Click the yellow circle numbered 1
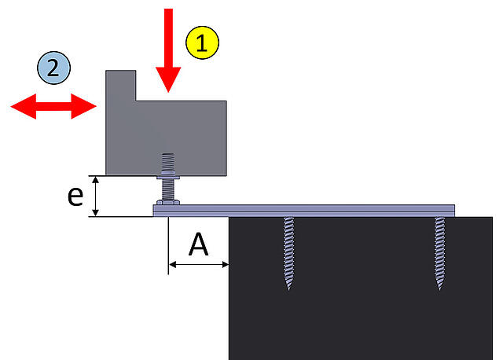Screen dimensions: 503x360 tap(203, 42)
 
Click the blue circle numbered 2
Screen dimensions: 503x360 tap(53, 68)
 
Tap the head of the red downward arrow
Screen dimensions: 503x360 tap(168, 79)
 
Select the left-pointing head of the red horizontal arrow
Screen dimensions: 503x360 tap(24, 106)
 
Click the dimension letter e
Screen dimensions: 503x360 tap(75, 196)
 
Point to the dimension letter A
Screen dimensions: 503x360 tap(199, 244)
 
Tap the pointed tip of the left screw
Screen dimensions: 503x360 tap(288, 290)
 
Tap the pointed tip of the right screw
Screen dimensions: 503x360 tap(439, 290)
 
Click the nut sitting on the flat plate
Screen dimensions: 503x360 tap(168, 202)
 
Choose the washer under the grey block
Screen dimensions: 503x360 tap(168, 177)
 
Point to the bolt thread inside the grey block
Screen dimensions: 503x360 tap(168, 163)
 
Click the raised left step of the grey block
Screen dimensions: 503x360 tap(121, 86)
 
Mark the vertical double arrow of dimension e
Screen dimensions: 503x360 tap(95, 196)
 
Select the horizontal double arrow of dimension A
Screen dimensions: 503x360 tap(199, 265)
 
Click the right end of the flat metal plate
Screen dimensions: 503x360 tap(454, 211)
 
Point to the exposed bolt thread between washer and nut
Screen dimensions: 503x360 tap(168, 189)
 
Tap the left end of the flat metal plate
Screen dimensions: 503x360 tap(154, 211)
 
